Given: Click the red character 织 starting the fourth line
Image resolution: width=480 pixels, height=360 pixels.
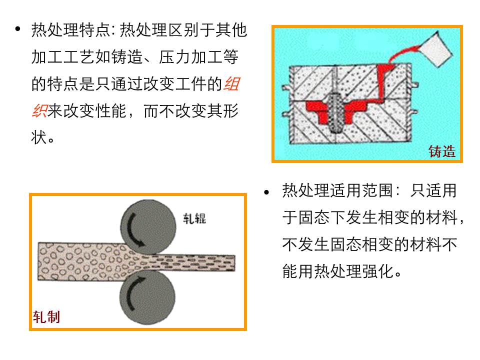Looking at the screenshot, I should tap(38, 110).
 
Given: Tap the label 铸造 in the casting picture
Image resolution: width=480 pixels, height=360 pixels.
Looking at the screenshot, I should tap(442, 152).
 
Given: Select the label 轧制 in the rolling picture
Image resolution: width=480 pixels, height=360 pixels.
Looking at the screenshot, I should tap(46, 316).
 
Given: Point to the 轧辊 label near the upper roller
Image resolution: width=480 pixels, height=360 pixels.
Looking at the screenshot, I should tap(194, 218).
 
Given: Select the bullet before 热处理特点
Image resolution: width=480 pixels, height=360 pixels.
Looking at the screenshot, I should tap(18, 29).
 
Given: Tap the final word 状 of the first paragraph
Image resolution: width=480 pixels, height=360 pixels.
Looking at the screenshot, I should tap(38, 137).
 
